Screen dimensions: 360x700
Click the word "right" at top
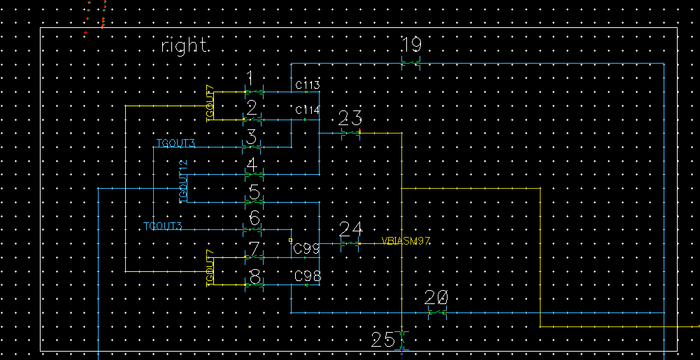pos(184,46)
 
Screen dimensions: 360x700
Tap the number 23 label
pos(350,117)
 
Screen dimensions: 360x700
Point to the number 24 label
pos(350,229)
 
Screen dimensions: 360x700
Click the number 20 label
pos(436,298)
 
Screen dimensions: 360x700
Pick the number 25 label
pos(383,340)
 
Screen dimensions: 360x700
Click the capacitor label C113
pos(307,85)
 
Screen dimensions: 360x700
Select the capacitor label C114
pos(307,110)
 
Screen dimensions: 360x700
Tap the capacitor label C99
pos(307,248)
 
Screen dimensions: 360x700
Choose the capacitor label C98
pos(307,277)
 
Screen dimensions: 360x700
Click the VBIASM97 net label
pos(406,241)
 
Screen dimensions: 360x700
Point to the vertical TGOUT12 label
pos(183,182)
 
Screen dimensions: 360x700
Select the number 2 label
pos(252,108)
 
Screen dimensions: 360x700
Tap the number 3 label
pos(252,136)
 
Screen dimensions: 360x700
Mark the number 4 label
pos(252,166)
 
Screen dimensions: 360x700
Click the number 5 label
pos(254,192)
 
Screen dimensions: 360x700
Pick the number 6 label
pos(255,219)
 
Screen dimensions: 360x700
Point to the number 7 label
pos(255,249)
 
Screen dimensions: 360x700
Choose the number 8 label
pos(255,277)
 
